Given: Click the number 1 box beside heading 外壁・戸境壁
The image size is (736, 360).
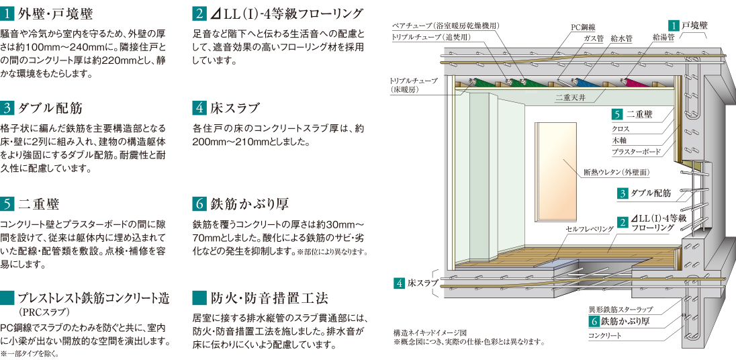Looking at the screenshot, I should [9, 13].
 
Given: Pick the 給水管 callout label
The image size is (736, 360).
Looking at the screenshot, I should [621, 39].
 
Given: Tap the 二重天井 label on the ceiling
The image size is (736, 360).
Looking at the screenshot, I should [570, 97].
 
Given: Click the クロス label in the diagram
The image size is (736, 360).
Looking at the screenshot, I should [620, 128].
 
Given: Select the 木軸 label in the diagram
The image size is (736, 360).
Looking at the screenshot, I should [618, 140].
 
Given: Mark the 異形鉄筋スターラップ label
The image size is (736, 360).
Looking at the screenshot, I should [621, 310].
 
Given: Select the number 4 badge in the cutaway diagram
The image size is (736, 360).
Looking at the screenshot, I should [400, 283].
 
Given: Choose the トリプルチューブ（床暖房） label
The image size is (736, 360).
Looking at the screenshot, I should [413, 85].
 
